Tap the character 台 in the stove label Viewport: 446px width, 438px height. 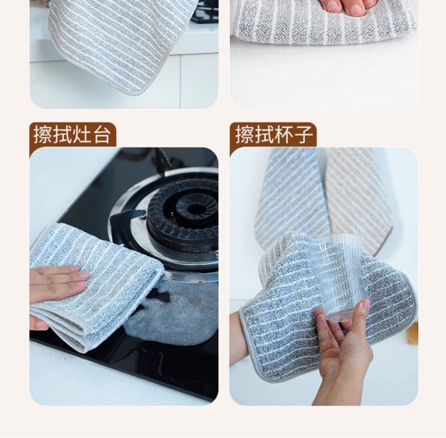point(101,135)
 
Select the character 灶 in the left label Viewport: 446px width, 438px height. point(82,135)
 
